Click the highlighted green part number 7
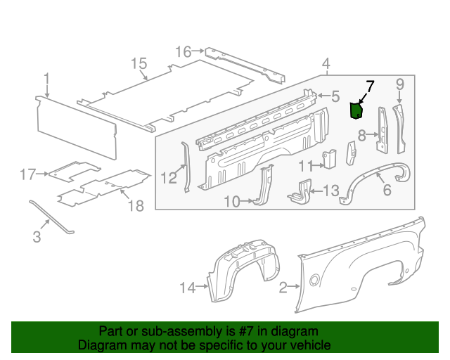[x=356, y=110]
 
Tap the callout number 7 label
[x=370, y=86]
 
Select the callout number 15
[x=138, y=64]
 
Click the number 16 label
[x=183, y=51]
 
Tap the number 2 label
[x=283, y=287]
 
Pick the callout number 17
[x=27, y=174]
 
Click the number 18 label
[x=135, y=206]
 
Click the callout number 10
[x=232, y=202]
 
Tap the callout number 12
[x=168, y=178]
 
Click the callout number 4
[x=326, y=65]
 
